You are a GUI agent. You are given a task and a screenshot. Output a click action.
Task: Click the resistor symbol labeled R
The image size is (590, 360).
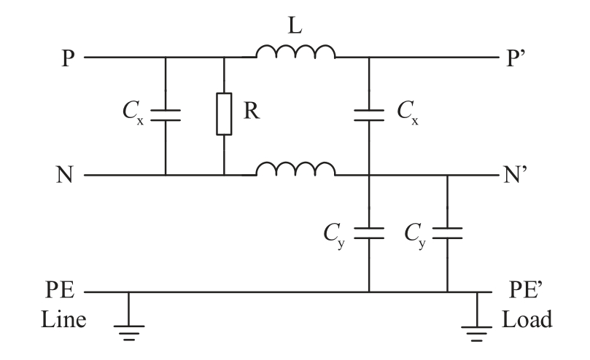pyautogui.click(x=223, y=114)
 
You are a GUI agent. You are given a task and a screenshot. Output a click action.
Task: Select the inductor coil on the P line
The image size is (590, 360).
pyautogui.click(x=295, y=52)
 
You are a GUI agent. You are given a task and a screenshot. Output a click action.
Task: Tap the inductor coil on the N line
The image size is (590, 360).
pyautogui.click(x=295, y=169)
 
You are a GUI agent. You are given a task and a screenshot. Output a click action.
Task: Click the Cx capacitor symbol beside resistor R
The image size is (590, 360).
pyautogui.click(x=166, y=115)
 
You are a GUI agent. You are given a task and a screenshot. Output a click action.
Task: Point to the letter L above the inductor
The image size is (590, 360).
pyautogui.click(x=295, y=26)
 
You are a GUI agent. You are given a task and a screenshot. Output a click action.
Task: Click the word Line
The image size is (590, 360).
pyautogui.click(x=63, y=320)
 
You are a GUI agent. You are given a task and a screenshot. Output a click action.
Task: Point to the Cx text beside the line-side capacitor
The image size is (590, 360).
pyautogui.click(x=131, y=115)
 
